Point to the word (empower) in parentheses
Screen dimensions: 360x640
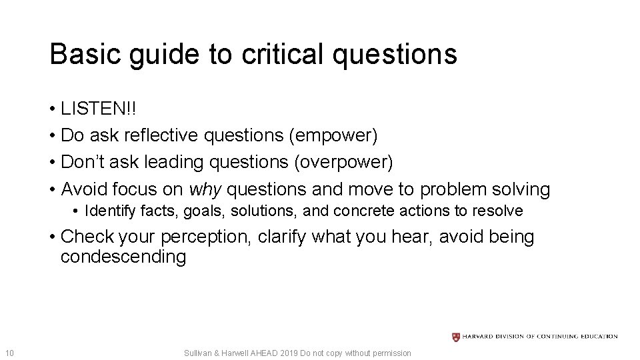coord(333,135)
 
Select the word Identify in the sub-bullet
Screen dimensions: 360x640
coord(109,211)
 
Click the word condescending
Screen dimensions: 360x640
coord(123,257)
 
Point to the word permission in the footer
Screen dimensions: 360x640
coord(394,353)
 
